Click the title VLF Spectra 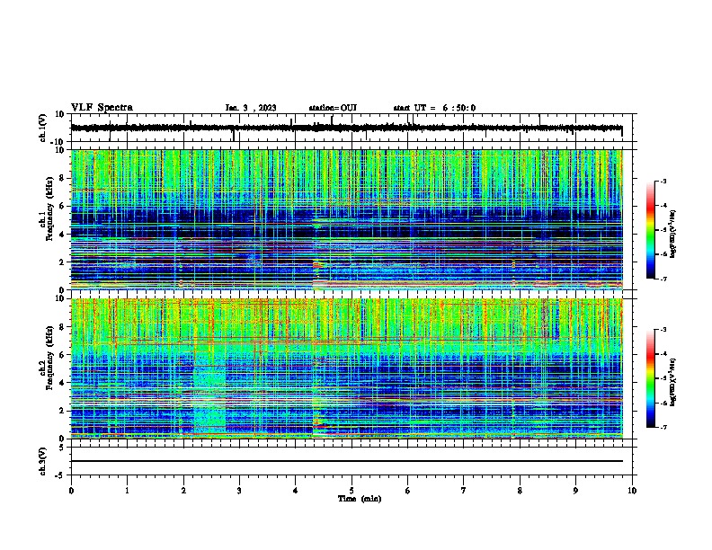pyautogui.click(x=102, y=108)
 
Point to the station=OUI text pyautogui.click(x=333, y=108)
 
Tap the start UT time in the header pyautogui.click(x=434, y=108)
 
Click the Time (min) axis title pyautogui.click(x=352, y=498)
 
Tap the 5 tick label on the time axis pyautogui.click(x=352, y=490)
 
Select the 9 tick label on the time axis pyautogui.click(x=576, y=490)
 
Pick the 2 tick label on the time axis pyautogui.click(x=183, y=490)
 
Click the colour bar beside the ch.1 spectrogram pyautogui.click(x=660, y=230)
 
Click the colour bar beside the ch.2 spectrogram pyautogui.click(x=660, y=378)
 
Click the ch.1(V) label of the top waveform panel pyautogui.click(x=42, y=129)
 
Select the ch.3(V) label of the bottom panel pyautogui.click(x=42, y=459)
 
